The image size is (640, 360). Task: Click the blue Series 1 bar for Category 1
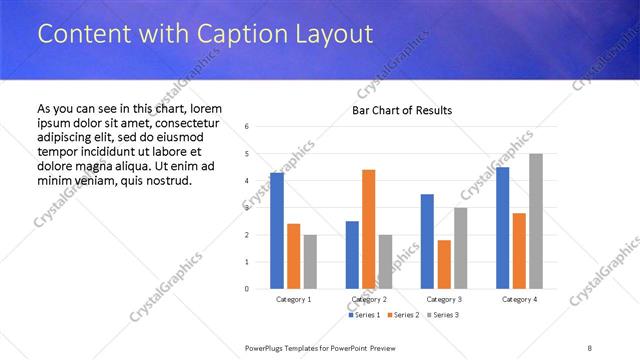277,231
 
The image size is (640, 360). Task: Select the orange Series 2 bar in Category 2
368,229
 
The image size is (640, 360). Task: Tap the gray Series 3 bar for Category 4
536,221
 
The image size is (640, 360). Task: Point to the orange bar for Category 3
443,264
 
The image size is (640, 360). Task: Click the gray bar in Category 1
310,262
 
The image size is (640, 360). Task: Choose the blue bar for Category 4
503,228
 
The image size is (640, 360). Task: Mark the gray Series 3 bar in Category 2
385,262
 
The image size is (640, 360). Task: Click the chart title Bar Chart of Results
402,110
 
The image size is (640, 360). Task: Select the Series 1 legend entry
364,315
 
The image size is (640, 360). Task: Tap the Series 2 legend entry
402,315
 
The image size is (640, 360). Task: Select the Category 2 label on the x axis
369,299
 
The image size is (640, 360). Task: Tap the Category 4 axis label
519,299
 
